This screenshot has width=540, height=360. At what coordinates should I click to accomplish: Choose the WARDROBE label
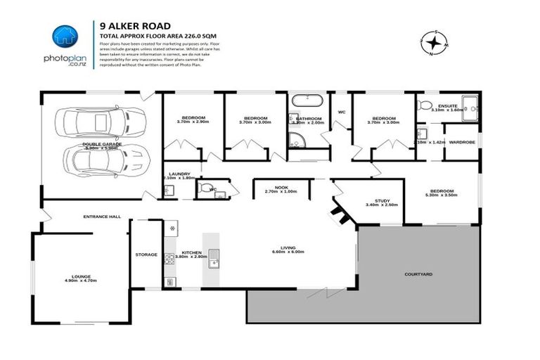pos(461,142)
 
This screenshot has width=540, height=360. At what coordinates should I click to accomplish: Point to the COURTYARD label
pos(418,274)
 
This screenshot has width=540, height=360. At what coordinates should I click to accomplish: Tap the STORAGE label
pos(146,255)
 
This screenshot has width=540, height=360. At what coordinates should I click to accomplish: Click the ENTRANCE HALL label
pos(102,217)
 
